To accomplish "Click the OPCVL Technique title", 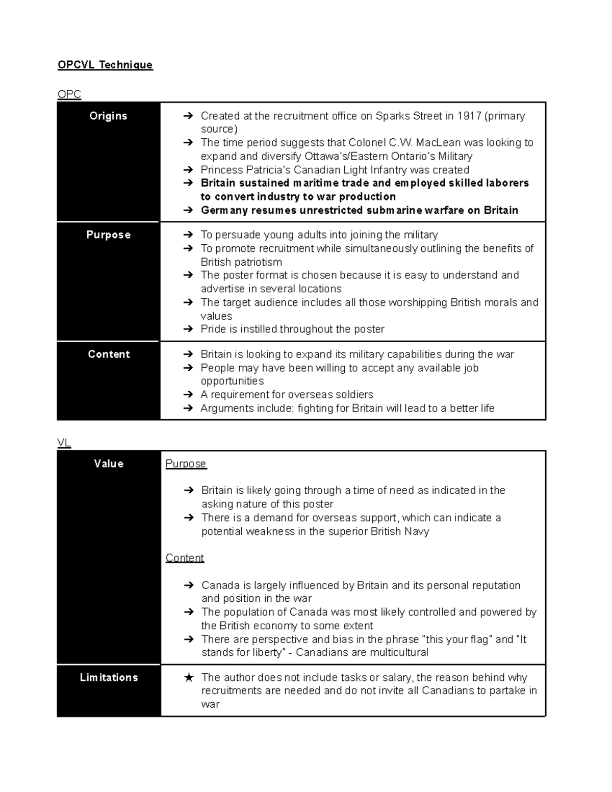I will (x=105, y=65).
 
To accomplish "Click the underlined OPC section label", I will (x=69, y=94).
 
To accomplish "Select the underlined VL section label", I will (x=64, y=443).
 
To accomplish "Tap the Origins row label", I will (x=108, y=116).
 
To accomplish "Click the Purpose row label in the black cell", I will (x=108, y=235).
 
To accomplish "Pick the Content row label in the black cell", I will (x=109, y=354).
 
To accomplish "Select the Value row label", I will (x=109, y=464).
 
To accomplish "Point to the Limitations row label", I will (x=109, y=677).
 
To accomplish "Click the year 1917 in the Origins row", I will (x=469, y=116).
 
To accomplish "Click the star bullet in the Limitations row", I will (x=189, y=678).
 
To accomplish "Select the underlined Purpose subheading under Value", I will (x=186, y=464).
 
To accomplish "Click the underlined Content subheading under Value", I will (x=185, y=558).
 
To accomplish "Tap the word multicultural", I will (x=396, y=652).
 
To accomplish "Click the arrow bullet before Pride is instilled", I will (x=188, y=329).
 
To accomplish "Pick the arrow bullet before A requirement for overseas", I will (x=188, y=395).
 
